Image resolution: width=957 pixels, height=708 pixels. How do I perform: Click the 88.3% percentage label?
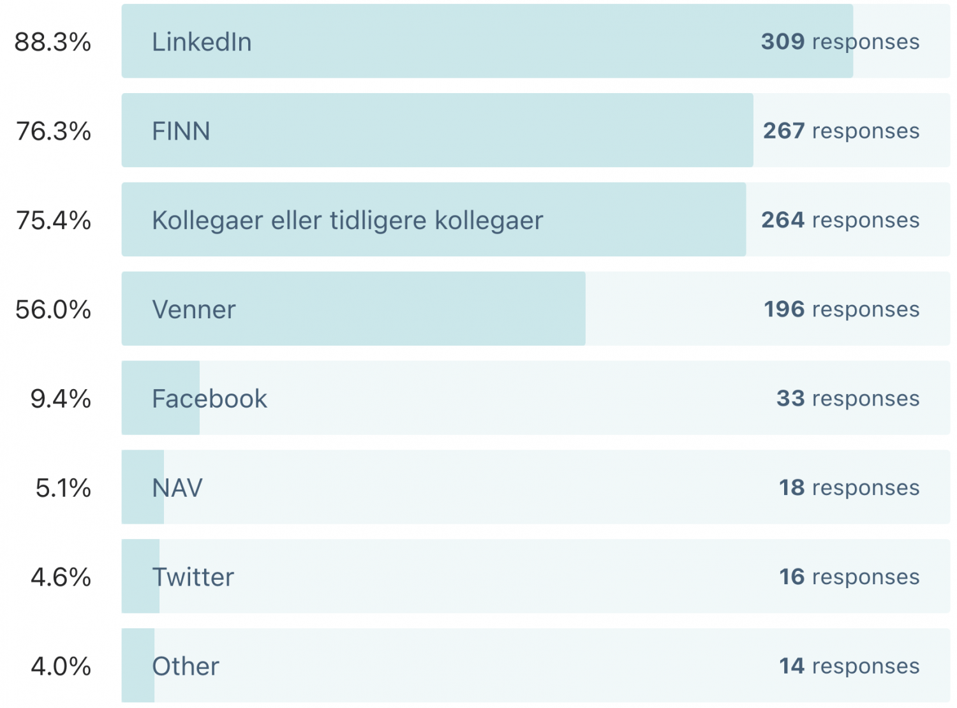[53, 42]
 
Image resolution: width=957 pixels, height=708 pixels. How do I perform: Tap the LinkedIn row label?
[202, 42]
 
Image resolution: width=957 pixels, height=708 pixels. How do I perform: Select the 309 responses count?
[840, 41]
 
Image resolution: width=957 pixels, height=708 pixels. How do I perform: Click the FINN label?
[181, 131]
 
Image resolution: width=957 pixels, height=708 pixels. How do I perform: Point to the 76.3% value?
[54, 131]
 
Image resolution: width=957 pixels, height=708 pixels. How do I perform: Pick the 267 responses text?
[842, 131]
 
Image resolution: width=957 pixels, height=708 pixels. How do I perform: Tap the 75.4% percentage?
[54, 221]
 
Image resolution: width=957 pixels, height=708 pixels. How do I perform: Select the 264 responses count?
[840, 220]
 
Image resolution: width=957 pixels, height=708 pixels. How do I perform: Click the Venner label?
[194, 310]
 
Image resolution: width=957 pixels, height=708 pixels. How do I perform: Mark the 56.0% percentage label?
[54, 310]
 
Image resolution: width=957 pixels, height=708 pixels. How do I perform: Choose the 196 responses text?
[842, 309]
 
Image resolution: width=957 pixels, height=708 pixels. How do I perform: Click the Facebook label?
[209, 399]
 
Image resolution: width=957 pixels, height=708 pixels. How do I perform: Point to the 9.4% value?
[61, 399]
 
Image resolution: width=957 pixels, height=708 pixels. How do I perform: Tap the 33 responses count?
[848, 399]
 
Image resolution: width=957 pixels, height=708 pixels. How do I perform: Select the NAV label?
[177, 489]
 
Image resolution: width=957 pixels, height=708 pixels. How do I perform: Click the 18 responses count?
[849, 488]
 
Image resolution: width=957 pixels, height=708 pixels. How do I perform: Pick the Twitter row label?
[193, 577]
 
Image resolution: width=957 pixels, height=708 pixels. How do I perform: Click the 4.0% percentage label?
[61, 667]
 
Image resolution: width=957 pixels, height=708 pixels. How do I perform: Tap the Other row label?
[186, 667]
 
